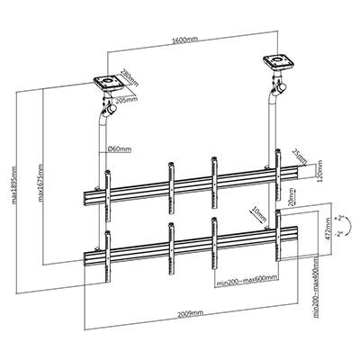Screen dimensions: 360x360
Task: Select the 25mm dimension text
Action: click(299, 159)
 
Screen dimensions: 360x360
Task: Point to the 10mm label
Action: click(259, 214)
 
